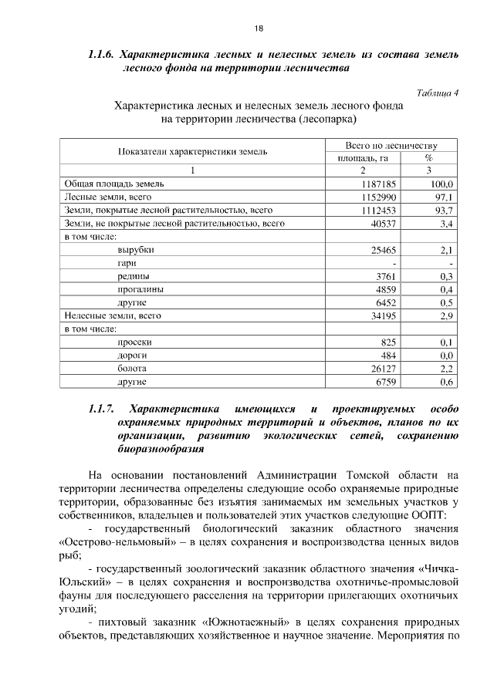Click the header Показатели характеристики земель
click(193, 152)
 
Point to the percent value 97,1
click(443, 197)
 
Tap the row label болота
click(132, 368)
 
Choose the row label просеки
click(135, 342)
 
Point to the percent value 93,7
click(443, 211)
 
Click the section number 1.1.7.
click(101, 409)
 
